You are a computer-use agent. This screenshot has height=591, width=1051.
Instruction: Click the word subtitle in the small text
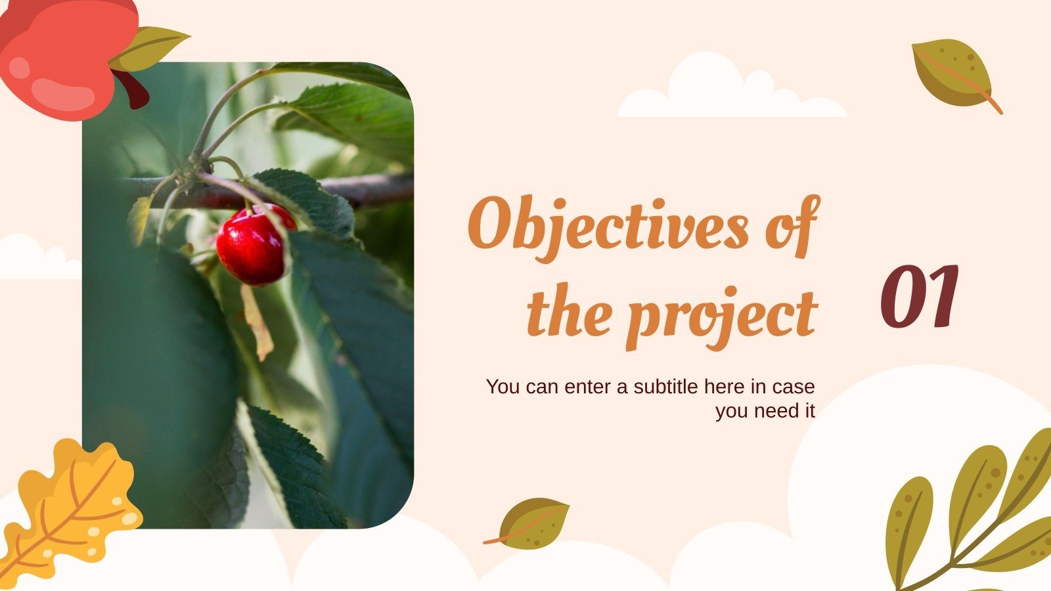[666, 387]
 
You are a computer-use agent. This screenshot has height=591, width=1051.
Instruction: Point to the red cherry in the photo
[252, 244]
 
